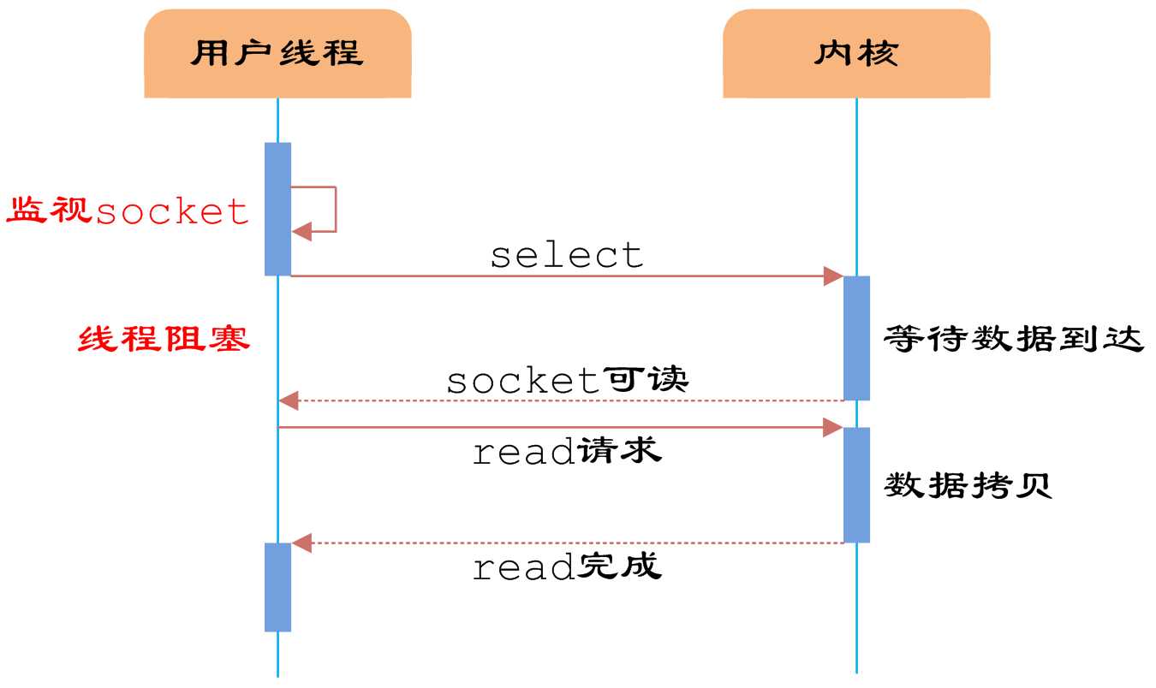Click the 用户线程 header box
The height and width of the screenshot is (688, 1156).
tap(277, 54)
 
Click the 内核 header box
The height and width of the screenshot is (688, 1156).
tap(855, 54)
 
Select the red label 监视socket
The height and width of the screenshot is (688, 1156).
tap(128, 211)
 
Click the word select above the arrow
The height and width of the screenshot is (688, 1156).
tap(566, 255)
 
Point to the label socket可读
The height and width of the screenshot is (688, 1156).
tap(566, 380)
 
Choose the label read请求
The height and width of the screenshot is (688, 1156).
tap(566, 451)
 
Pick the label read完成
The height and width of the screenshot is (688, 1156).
tap(566, 566)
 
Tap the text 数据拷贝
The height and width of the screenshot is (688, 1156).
tap(968, 486)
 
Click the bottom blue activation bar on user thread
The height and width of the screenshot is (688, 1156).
tap(277, 587)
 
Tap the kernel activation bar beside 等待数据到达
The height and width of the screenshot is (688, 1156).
tap(855, 337)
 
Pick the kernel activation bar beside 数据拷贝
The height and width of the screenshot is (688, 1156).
tap(855, 484)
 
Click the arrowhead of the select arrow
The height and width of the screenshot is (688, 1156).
tap(833, 276)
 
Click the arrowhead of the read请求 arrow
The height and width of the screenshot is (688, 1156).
tap(833, 427)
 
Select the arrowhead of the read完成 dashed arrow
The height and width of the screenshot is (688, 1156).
tap(301, 543)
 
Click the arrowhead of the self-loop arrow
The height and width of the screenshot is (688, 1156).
tap(301, 231)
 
